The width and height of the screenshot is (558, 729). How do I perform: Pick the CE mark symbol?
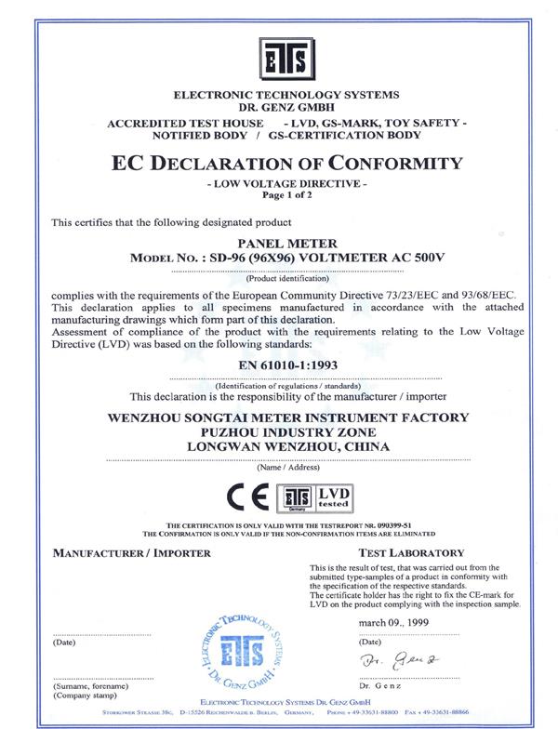click(251, 497)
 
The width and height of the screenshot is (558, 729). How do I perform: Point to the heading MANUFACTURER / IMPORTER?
click(131, 551)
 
